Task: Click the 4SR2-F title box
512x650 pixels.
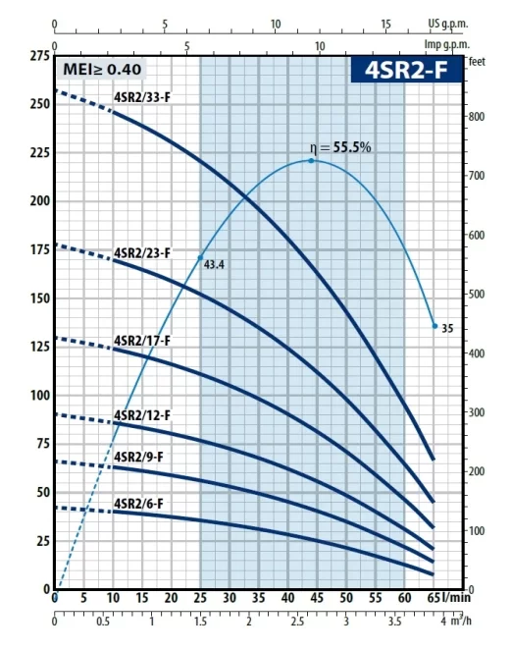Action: coord(405,70)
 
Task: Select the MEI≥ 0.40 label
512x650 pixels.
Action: coord(103,69)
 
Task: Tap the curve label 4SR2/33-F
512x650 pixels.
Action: coord(142,96)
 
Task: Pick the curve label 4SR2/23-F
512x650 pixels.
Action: coord(142,253)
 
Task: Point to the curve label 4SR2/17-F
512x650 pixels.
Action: coord(142,340)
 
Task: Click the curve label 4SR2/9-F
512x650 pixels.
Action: coord(139,457)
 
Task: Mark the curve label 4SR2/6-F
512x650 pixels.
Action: coord(139,504)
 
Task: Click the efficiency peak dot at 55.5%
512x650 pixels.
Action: coord(312,160)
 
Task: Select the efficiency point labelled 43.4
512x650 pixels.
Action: coord(201,257)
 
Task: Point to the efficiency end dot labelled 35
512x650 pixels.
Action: coord(435,326)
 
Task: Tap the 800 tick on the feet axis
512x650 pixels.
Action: coord(478,116)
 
